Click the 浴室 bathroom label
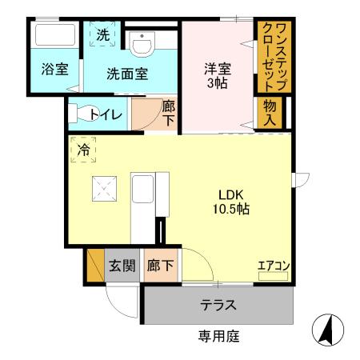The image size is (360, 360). (x=54, y=70)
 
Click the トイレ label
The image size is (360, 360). (x=106, y=114)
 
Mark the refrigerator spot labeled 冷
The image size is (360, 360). (x=84, y=148)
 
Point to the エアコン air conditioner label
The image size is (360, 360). (x=273, y=266)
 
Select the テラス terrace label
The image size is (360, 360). (x=217, y=305)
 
